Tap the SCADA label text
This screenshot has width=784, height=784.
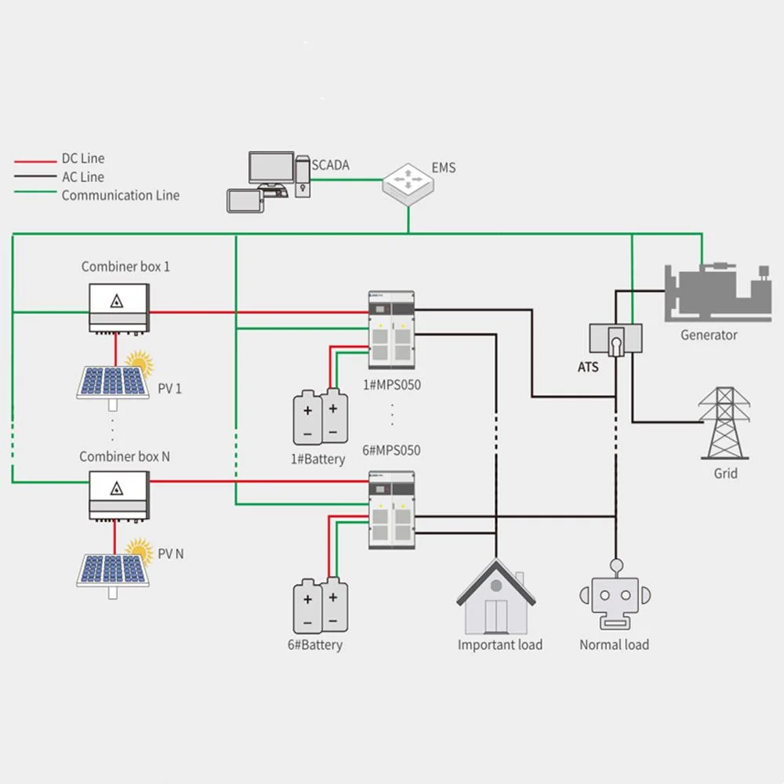[330, 165]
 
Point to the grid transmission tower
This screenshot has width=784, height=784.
[724, 423]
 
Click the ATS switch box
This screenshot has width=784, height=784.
[615, 339]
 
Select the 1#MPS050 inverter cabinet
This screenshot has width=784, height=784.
[391, 330]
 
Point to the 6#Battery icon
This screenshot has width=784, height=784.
[320, 606]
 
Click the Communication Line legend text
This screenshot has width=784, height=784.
[121, 196]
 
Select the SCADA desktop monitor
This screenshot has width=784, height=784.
[270, 169]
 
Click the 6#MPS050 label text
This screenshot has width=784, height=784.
[391, 451]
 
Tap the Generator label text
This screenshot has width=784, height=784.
[709, 336]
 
